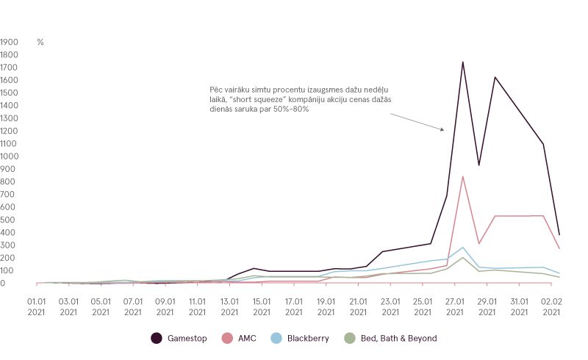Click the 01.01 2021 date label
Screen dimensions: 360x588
point(37,306)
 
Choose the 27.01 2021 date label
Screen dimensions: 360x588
point(455,306)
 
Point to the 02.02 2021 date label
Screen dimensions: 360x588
point(551,306)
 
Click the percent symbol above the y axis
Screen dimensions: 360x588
point(40,42)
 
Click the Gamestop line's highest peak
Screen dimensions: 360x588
point(462,62)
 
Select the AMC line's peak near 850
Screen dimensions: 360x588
point(462,176)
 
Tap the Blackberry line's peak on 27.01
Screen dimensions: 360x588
point(462,248)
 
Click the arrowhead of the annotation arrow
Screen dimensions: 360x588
point(443,130)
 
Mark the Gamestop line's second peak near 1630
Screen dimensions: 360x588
point(494,76)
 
